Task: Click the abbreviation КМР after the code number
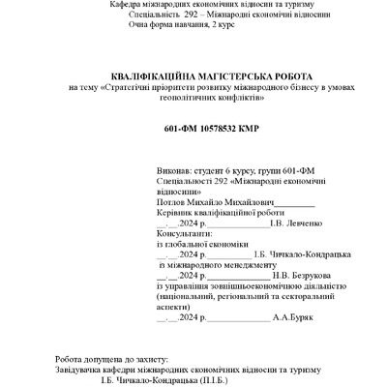(247, 128)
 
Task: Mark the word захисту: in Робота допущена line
(148, 358)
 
